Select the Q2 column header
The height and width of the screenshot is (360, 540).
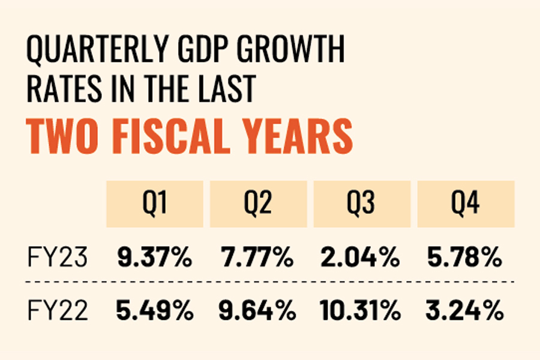(259, 205)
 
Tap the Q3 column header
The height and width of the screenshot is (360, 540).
(362, 205)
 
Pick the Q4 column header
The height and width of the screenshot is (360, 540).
(466, 205)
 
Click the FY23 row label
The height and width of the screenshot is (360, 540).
(58, 259)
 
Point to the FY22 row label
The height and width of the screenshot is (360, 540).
(58, 311)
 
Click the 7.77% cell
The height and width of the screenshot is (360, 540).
(258, 259)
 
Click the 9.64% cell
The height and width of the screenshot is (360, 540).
(258, 311)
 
